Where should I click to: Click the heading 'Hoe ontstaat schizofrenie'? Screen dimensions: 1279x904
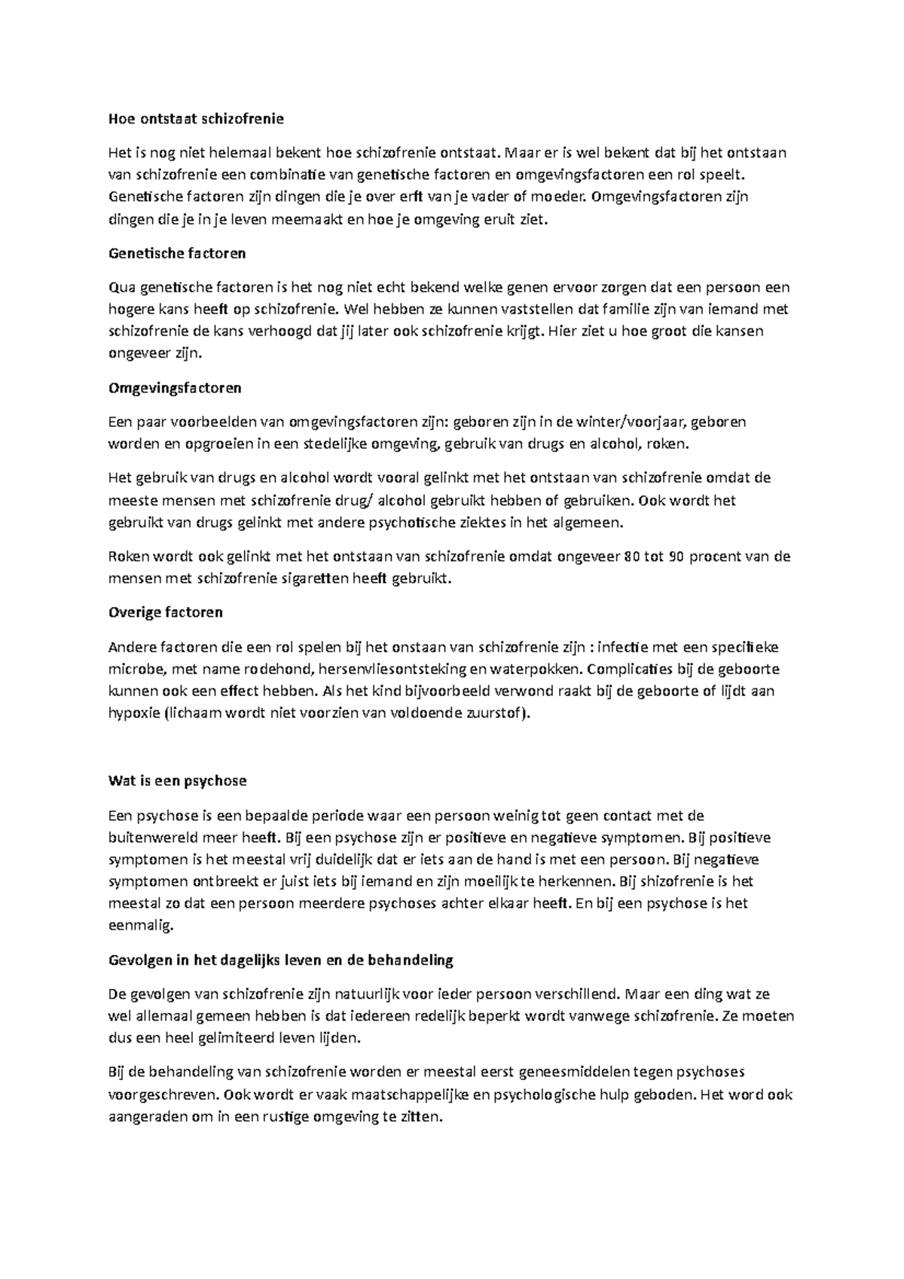[x=197, y=118]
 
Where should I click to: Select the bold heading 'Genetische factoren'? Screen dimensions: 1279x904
[x=177, y=253]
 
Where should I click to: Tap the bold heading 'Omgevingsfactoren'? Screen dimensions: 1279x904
[x=175, y=388]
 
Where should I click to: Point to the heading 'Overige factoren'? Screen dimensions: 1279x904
[x=166, y=612]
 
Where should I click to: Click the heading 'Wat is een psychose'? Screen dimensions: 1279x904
[x=178, y=780]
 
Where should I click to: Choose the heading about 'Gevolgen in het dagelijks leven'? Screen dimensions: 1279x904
[x=281, y=960]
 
